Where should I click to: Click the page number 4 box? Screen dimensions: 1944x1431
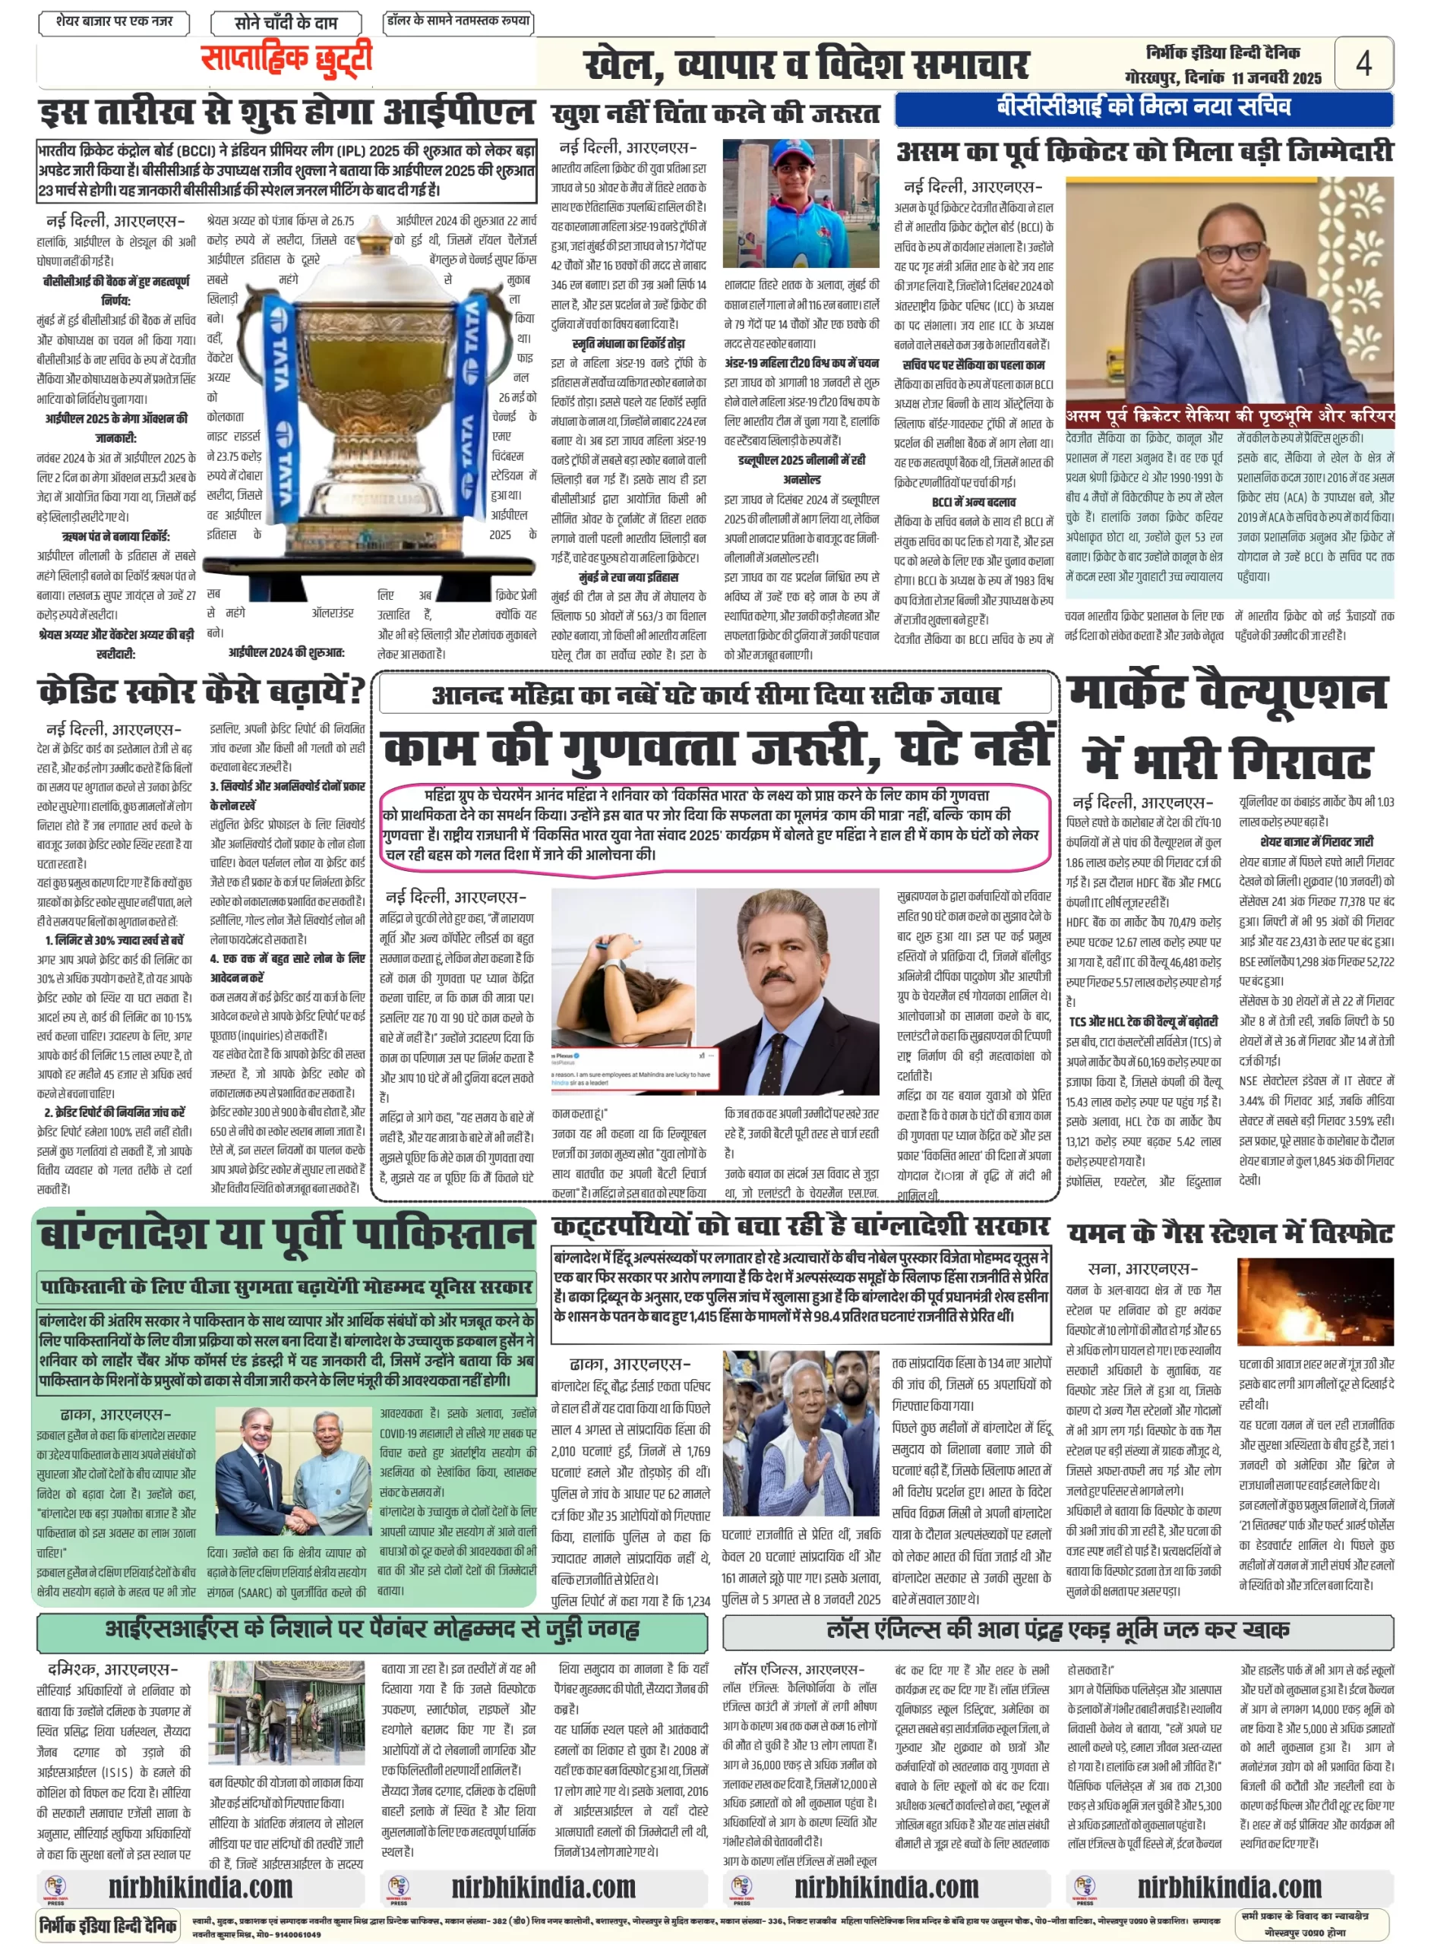1363,62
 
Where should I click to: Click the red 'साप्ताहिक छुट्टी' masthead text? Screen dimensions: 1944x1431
286,59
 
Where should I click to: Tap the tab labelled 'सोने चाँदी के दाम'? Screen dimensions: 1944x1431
286,23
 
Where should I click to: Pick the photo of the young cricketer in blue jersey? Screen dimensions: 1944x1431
801,203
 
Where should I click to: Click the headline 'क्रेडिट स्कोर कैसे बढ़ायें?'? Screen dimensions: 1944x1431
201,691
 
